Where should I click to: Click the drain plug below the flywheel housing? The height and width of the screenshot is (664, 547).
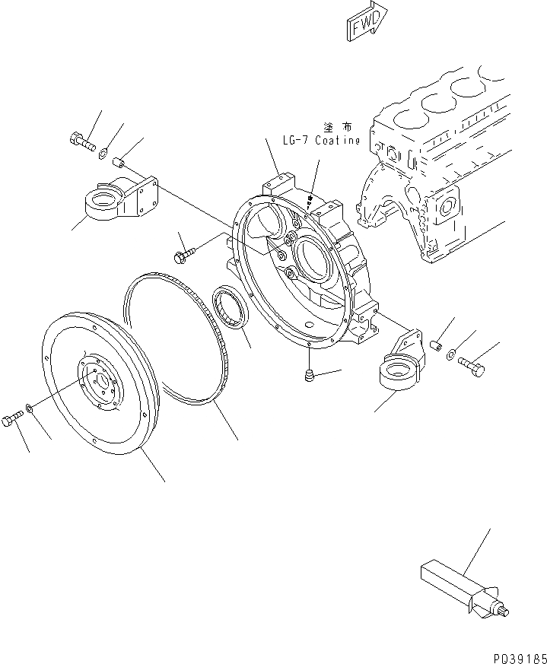pos(310,375)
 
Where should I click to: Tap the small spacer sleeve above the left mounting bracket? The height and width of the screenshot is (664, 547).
pos(119,161)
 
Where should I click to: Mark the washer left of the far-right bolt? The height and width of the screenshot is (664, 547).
pos(452,352)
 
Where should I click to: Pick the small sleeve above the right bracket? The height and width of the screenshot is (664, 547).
pos(437,345)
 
